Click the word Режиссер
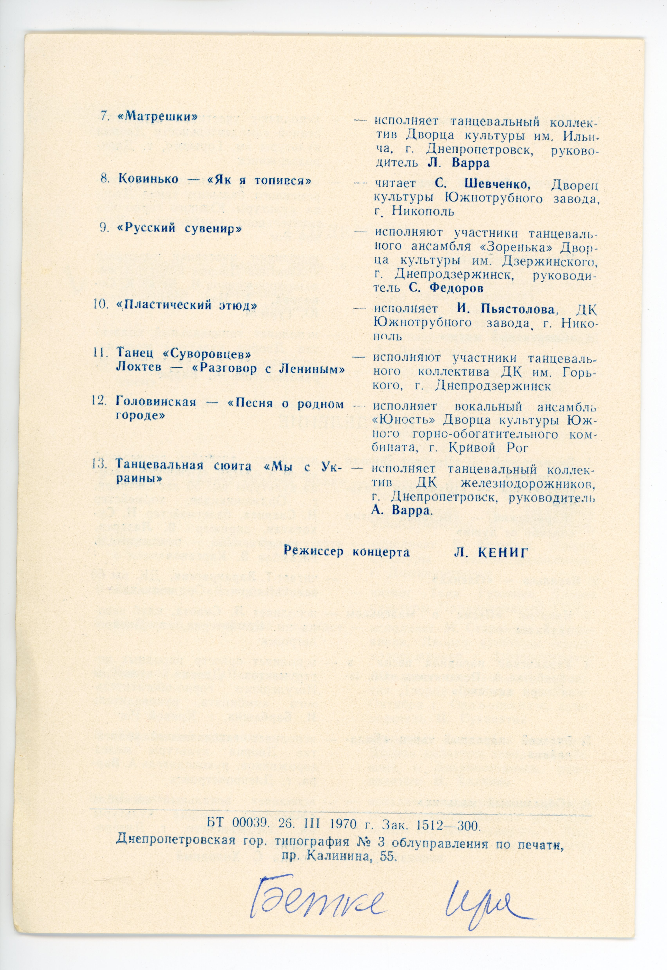[x=314, y=551]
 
